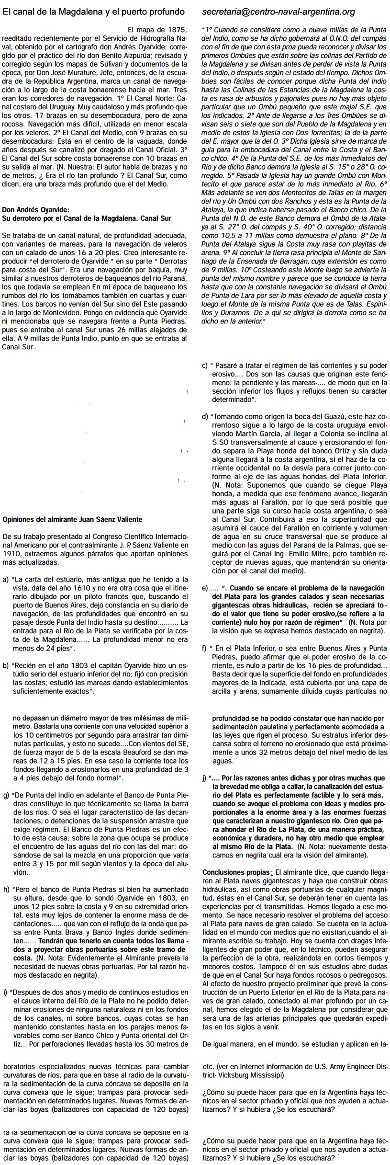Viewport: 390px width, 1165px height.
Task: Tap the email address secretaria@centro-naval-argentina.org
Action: point(279,11)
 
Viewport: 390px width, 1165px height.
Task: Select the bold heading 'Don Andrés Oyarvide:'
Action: point(36,209)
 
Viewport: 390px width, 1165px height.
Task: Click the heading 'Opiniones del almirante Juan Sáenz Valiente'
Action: point(72,519)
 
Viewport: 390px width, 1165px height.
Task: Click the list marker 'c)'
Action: point(205,365)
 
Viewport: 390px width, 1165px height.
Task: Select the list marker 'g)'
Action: point(6,796)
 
